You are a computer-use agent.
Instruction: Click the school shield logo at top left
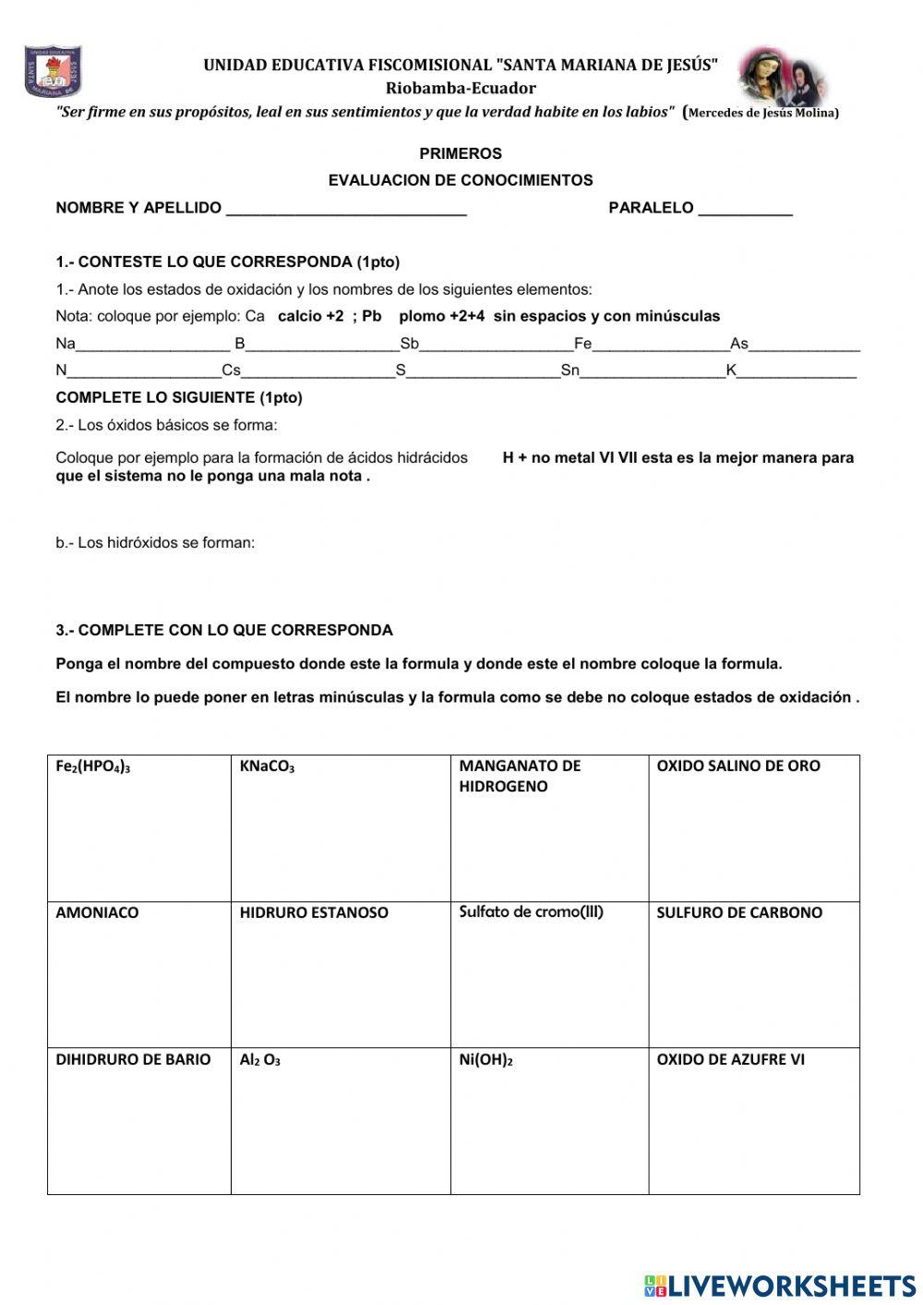point(52,71)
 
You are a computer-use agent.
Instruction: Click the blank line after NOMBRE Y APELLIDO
point(346,209)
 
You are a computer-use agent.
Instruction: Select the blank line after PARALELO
point(745,209)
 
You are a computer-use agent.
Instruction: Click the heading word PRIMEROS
point(461,153)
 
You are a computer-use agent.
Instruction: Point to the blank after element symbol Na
point(152,345)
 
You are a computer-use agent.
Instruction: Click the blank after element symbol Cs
point(318,372)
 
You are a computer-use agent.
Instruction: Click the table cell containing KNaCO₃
point(340,828)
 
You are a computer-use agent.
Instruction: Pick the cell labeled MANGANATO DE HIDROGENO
point(549,828)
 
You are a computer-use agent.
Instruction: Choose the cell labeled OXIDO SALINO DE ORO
point(753,828)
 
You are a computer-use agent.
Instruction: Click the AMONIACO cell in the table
point(138,974)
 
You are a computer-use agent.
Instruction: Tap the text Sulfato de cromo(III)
point(531,912)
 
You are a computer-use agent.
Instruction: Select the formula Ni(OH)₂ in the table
point(485,1060)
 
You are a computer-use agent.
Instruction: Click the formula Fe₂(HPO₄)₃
point(93,767)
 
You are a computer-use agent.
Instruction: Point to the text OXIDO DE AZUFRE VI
point(730,1059)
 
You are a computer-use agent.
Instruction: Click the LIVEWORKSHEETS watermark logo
point(780,1285)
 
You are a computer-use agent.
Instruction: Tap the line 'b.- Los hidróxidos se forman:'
point(155,543)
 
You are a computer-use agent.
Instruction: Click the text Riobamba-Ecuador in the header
point(461,89)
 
